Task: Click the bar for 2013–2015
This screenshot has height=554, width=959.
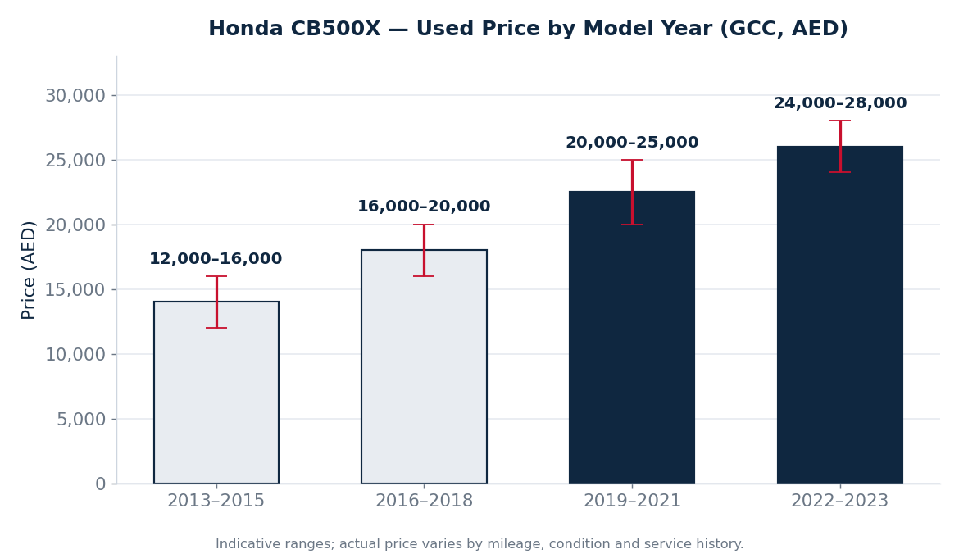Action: pyautogui.click(x=216, y=392)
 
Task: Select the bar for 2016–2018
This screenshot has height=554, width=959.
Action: pyautogui.click(x=424, y=366)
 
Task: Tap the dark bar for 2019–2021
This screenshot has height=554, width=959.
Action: pyautogui.click(x=632, y=337)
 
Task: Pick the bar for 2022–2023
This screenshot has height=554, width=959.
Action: pyautogui.click(x=839, y=315)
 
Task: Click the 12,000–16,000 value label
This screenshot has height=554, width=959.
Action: pyautogui.click(x=216, y=259)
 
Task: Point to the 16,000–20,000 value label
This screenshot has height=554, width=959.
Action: pyautogui.click(x=424, y=207)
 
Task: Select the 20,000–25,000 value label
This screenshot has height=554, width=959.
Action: pyautogui.click(x=632, y=143)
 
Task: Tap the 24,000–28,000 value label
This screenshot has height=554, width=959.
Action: pyautogui.click(x=839, y=103)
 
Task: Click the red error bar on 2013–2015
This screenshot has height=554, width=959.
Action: pyautogui.click(x=216, y=302)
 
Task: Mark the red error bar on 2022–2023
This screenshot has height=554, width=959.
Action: pyautogui.click(x=839, y=146)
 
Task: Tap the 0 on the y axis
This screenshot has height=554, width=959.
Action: pyautogui.click(x=101, y=484)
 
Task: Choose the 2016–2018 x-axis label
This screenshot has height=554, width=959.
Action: pyautogui.click(x=424, y=501)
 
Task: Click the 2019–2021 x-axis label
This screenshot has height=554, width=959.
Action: pyautogui.click(x=632, y=501)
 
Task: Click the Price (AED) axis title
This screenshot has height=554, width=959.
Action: pyautogui.click(x=29, y=270)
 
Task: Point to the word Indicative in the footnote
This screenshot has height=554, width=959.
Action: pyautogui.click(x=244, y=544)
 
